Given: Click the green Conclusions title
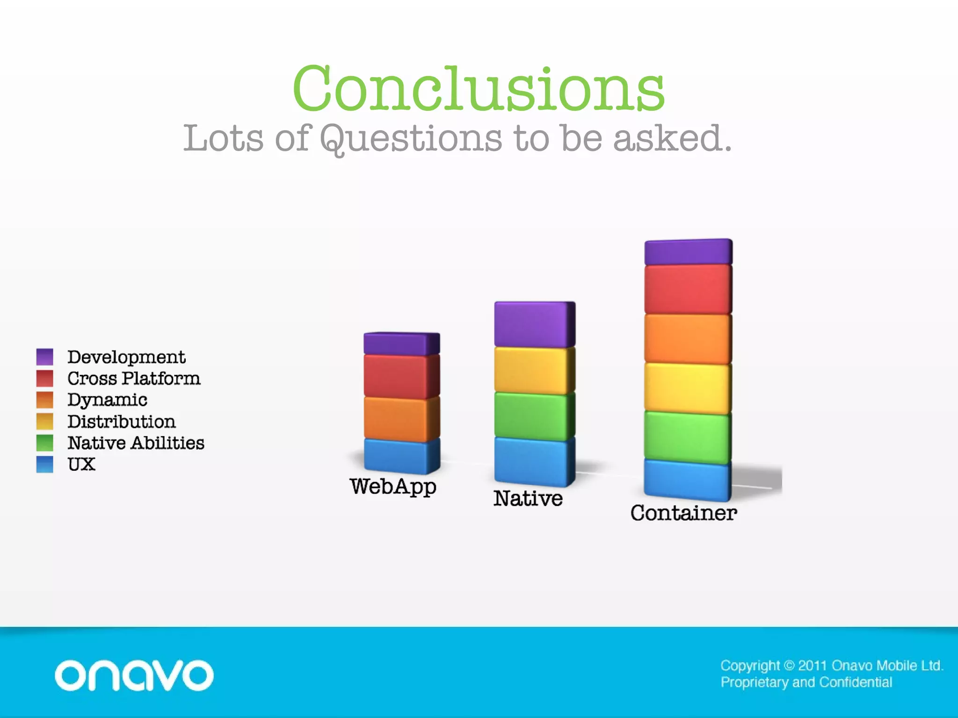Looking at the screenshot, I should pyautogui.click(x=478, y=89).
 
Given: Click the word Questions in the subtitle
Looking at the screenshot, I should pyautogui.click(x=411, y=138).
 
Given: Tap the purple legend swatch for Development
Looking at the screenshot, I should pyautogui.click(x=44, y=357).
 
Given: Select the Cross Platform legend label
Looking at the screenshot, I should pyautogui.click(x=134, y=378).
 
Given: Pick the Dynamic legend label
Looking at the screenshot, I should pyautogui.click(x=107, y=400).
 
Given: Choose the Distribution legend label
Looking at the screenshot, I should pyautogui.click(x=122, y=421).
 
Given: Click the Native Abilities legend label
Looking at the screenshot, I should pyautogui.click(x=136, y=443).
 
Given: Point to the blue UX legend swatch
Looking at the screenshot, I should pyautogui.click(x=44, y=464).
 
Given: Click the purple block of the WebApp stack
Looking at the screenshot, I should pyautogui.click(x=401, y=344).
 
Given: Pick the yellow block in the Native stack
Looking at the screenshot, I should pyautogui.click(x=534, y=370).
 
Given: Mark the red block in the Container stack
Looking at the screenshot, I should pyautogui.click(x=688, y=289).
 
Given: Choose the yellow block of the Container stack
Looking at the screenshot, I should pyautogui.click(x=688, y=388).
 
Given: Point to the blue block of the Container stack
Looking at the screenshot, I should pyautogui.click(x=687, y=479).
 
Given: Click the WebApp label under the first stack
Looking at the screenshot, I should pyautogui.click(x=393, y=487).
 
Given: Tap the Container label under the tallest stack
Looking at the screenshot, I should pyautogui.click(x=683, y=513).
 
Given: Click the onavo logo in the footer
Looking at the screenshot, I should pyautogui.click(x=134, y=675).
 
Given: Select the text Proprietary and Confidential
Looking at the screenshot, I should pyautogui.click(x=806, y=682).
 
